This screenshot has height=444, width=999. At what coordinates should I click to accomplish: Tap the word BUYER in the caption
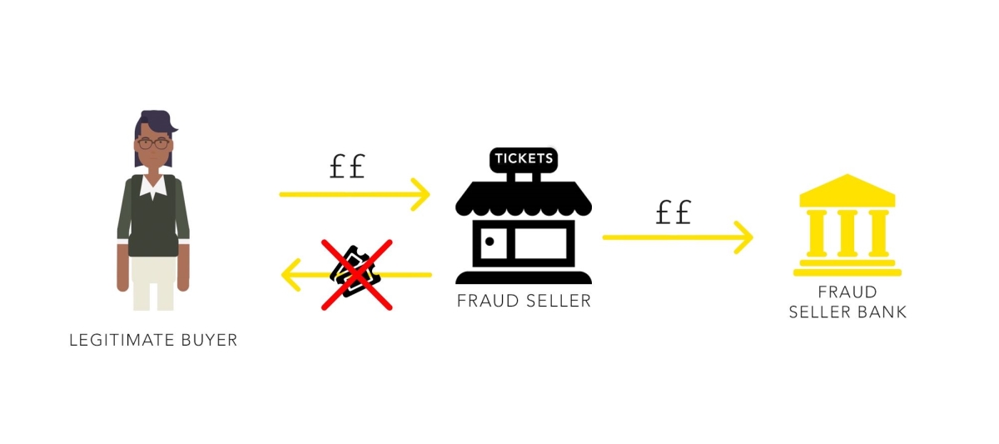209,341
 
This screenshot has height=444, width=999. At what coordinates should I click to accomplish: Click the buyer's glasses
153,143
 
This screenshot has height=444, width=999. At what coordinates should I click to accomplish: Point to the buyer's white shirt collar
153,187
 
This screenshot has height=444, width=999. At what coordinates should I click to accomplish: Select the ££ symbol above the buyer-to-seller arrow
347,166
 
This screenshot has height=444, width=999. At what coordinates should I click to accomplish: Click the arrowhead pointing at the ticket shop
421,194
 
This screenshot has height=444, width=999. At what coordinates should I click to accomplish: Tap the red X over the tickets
357,275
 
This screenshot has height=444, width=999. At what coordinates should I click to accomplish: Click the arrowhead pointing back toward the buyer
291,275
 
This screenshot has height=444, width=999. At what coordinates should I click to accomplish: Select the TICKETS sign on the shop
524,159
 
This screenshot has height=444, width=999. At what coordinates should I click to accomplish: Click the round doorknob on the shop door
490,242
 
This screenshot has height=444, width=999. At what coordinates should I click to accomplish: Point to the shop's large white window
540,243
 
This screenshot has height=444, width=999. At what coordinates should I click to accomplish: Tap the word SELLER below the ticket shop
559,302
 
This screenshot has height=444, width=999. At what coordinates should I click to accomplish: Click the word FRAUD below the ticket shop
488,302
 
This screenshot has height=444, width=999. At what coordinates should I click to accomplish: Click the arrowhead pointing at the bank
744,237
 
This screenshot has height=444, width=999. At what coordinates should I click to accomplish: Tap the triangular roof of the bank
847,190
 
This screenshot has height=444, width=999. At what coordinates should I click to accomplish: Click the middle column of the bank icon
847,233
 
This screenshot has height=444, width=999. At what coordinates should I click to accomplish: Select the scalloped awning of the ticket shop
524,198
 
